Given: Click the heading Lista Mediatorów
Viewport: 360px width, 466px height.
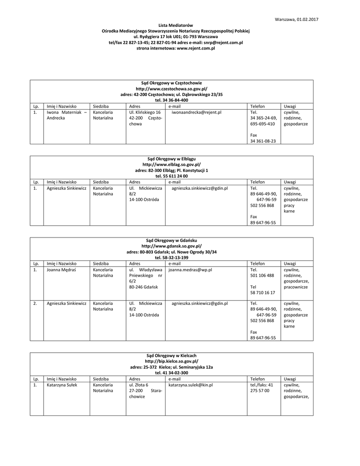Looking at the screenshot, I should (x=176, y=25).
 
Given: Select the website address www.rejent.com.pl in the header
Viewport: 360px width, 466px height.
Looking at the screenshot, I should (x=196, y=48).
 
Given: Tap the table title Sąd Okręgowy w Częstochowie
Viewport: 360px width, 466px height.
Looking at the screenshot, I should (x=171, y=83).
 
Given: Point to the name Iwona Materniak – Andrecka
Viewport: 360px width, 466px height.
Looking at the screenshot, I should (x=66, y=115).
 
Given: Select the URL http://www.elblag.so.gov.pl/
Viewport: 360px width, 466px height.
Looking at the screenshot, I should (x=171, y=164).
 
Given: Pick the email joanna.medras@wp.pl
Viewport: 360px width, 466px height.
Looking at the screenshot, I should (x=190, y=269).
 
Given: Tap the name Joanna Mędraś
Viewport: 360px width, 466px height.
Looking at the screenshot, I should (x=61, y=269).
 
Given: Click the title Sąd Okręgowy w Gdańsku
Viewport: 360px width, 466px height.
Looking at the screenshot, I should (x=171, y=240).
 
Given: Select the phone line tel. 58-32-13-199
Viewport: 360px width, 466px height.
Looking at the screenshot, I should (x=171, y=258).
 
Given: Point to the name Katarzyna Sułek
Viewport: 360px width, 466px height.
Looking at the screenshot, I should (x=62, y=385).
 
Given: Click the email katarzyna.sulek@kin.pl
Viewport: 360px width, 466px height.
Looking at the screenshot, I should (x=191, y=385).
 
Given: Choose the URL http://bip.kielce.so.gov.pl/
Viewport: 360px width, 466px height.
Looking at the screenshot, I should (x=171, y=361).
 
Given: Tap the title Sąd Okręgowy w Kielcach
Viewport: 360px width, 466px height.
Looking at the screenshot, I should (x=171, y=355).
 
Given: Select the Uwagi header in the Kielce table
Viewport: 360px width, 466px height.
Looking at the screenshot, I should (x=290, y=379).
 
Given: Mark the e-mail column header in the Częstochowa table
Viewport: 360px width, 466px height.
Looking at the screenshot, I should (x=174, y=106).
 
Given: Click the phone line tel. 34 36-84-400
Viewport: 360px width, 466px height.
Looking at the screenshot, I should (x=171, y=100).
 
